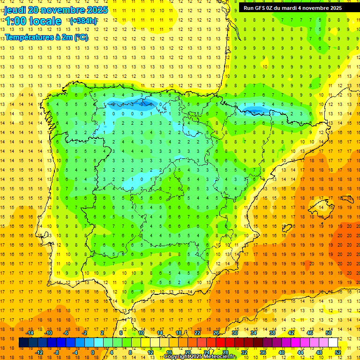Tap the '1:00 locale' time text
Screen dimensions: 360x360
click(33, 21)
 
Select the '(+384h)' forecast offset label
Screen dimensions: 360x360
click(83, 21)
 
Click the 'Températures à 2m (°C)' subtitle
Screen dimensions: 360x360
click(46, 37)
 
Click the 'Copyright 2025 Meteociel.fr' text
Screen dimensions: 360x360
click(201, 357)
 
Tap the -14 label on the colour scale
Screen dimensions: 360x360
click(30, 333)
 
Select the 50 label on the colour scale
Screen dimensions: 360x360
click(328, 333)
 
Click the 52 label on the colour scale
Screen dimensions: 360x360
click(337, 352)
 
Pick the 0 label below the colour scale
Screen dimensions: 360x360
click(92, 352)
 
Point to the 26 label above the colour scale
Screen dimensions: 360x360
click(216, 333)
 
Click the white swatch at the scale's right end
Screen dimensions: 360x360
click(333, 342)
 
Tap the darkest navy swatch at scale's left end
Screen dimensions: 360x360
click(23, 342)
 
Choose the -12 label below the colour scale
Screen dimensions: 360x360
click(39, 352)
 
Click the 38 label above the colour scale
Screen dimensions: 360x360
click(272, 333)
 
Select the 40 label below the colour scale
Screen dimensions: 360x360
click(281, 352)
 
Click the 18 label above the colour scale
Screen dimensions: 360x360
click(179, 333)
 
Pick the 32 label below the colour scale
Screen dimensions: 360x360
click(244, 352)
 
